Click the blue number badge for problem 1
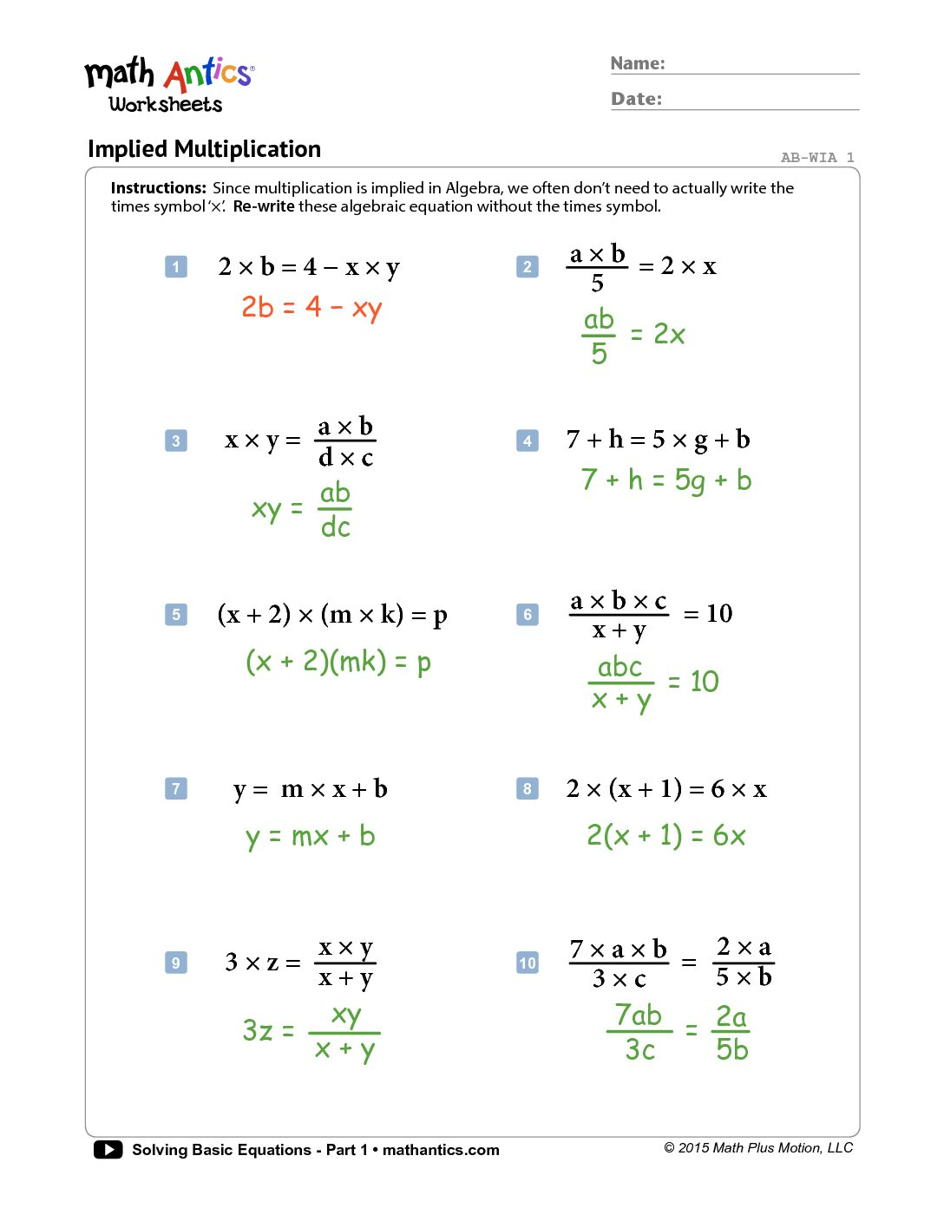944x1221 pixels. [x=176, y=266]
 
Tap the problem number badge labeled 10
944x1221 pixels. [x=528, y=963]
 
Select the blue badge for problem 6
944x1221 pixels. [x=528, y=615]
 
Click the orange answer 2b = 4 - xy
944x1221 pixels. [x=311, y=308]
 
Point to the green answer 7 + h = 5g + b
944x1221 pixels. [x=665, y=480]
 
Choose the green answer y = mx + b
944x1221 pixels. [x=310, y=837]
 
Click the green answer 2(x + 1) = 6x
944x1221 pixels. [x=665, y=836]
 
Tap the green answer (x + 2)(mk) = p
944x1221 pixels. [x=338, y=663]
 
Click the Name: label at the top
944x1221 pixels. [x=638, y=63]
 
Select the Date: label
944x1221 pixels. [x=636, y=99]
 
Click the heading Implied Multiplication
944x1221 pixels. [x=204, y=149]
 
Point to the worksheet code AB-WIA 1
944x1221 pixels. [x=817, y=158]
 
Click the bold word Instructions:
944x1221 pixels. [x=159, y=188]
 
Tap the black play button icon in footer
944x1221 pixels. [x=108, y=1150]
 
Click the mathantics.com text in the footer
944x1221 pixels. [x=441, y=1150]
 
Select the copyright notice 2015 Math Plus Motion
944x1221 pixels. [x=758, y=1148]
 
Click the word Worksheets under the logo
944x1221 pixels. [x=166, y=105]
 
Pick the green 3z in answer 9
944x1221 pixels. [x=258, y=1030]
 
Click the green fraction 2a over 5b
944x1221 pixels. [x=731, y=1033]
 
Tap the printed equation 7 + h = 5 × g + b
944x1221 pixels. [x=658, y=441]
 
